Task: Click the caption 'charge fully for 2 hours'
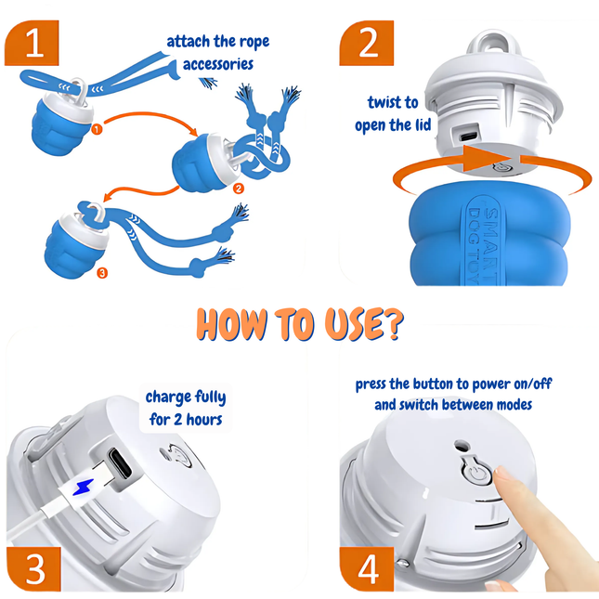click(186, 408)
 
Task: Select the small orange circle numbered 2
click(239, 189)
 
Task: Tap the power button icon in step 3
click(174, 456)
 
